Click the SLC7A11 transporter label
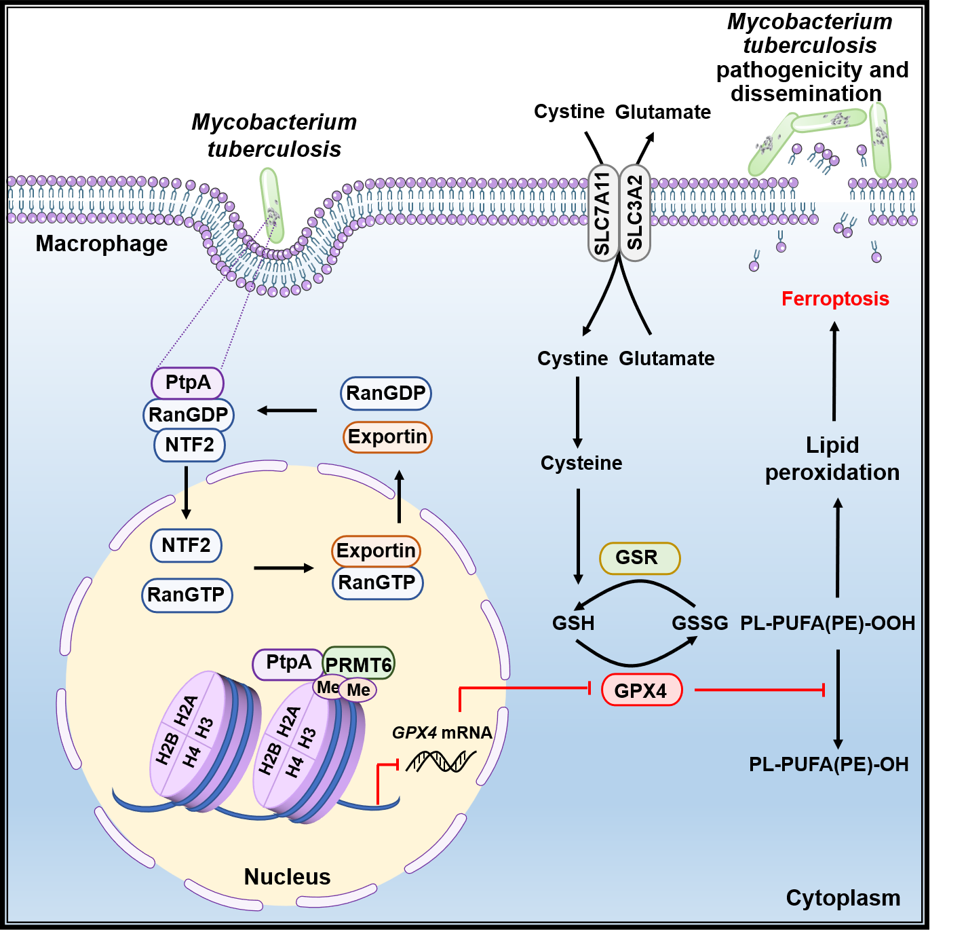coord(602,213)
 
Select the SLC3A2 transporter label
coord(635,213)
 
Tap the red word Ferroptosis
coord(835,299)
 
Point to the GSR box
coord(639,558)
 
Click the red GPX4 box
coord(641,690)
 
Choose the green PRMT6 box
coord(359,664)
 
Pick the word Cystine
coord(573,358)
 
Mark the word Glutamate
coord(667,358)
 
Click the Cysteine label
coord(581,463)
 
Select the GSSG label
coord(699,622)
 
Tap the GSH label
coord(573,622)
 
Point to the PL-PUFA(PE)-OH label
coord(828,764)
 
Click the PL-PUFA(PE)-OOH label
coord(828,622)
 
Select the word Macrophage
coord(102,243)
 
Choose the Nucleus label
coord(287,876)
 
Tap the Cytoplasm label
coord(843,897)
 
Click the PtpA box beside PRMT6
coord(288,663)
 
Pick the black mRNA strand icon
coord(441,761)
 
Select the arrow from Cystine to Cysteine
coord(578,411)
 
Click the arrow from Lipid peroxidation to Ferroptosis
coord(834,371)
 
